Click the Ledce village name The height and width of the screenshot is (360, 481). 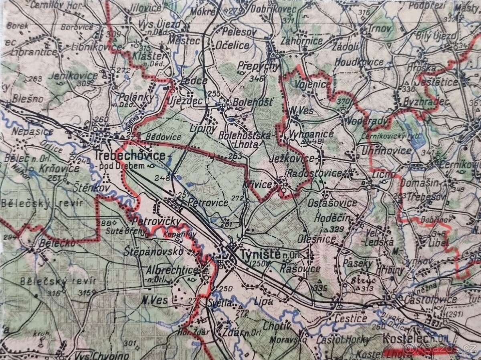click(194, 81)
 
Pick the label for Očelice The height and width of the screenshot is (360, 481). click(232, 45)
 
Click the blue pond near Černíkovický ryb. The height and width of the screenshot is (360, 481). click(413, 138)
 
